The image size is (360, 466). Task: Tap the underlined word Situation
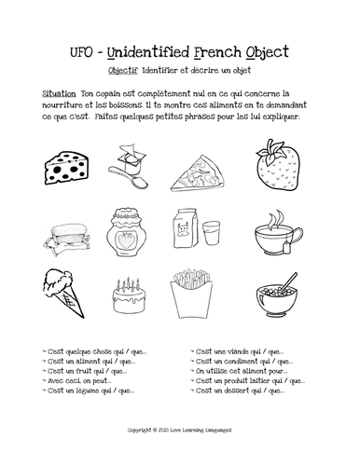tap(61, 94)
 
